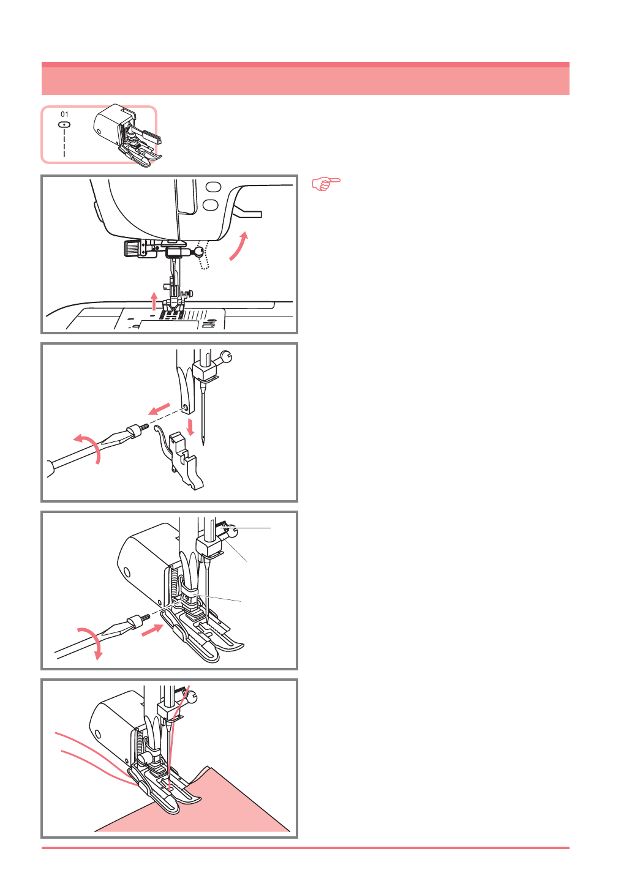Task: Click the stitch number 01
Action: (64, 114)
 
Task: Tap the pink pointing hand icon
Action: (326, 184)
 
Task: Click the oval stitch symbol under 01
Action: (64, 125)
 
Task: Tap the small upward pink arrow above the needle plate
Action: (154, 301)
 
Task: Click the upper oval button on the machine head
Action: (214, 187)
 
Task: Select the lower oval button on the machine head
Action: (211, 204)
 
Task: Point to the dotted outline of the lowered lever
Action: (203, 255)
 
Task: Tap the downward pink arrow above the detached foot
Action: (191, 427)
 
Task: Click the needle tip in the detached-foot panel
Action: (203, 443)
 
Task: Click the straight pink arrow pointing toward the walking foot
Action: (152, 631)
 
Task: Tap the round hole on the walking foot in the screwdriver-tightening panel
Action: (127, 572)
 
